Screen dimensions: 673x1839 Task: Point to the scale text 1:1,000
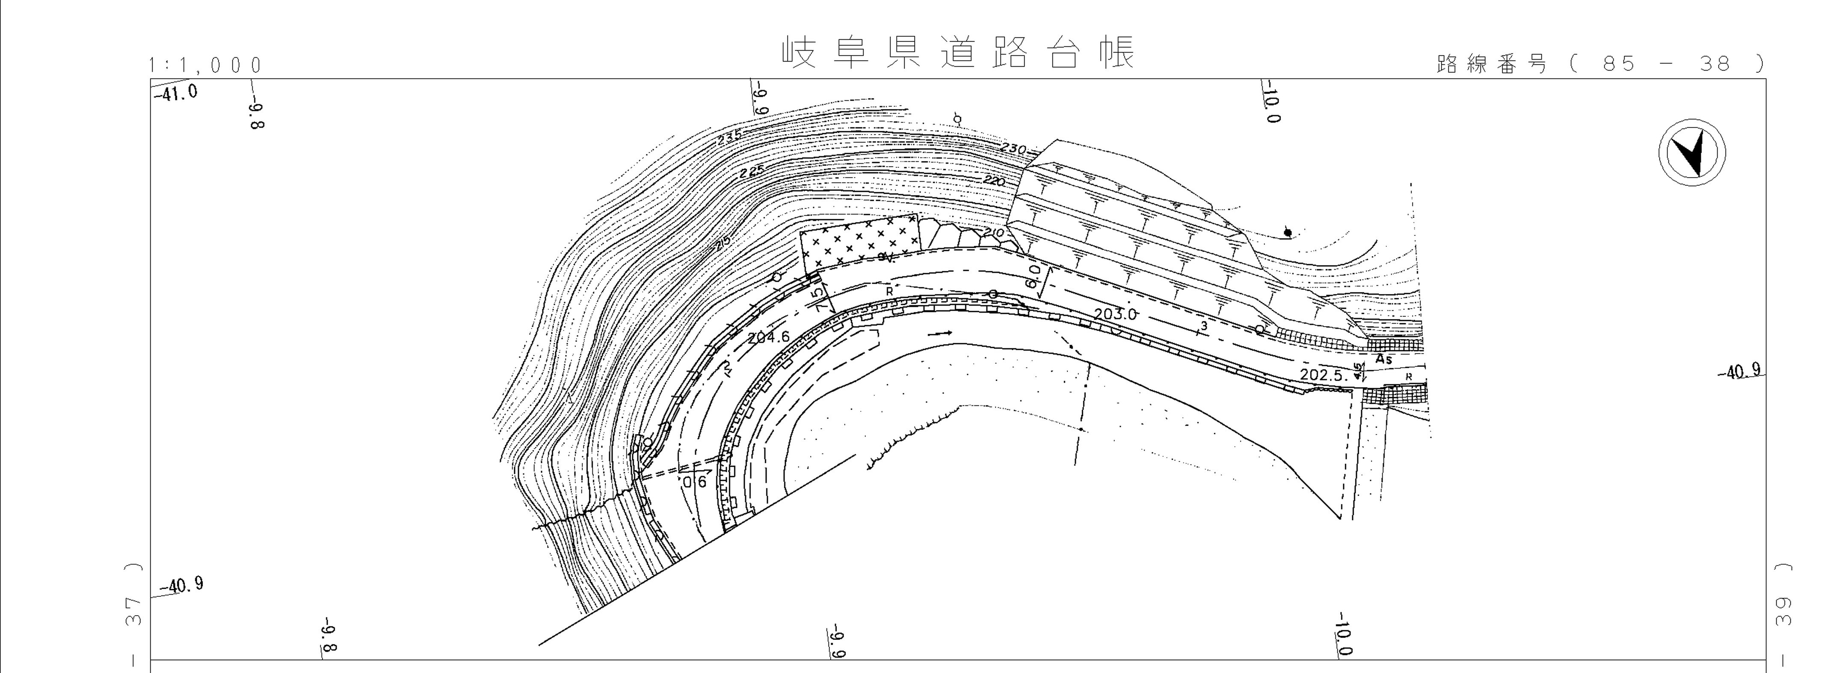pos(206,66)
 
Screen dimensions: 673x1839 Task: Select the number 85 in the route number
pos(1618,64)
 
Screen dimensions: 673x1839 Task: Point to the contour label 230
pos(1012,149)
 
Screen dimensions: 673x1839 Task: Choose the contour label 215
pos(723,244)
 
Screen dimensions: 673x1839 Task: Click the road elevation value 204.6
pos(769,337)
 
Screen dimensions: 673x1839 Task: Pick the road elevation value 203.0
pos(1114,314)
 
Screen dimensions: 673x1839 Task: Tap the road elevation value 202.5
pos(1322,374)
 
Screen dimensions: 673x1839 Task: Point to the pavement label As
pos(1383,359)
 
